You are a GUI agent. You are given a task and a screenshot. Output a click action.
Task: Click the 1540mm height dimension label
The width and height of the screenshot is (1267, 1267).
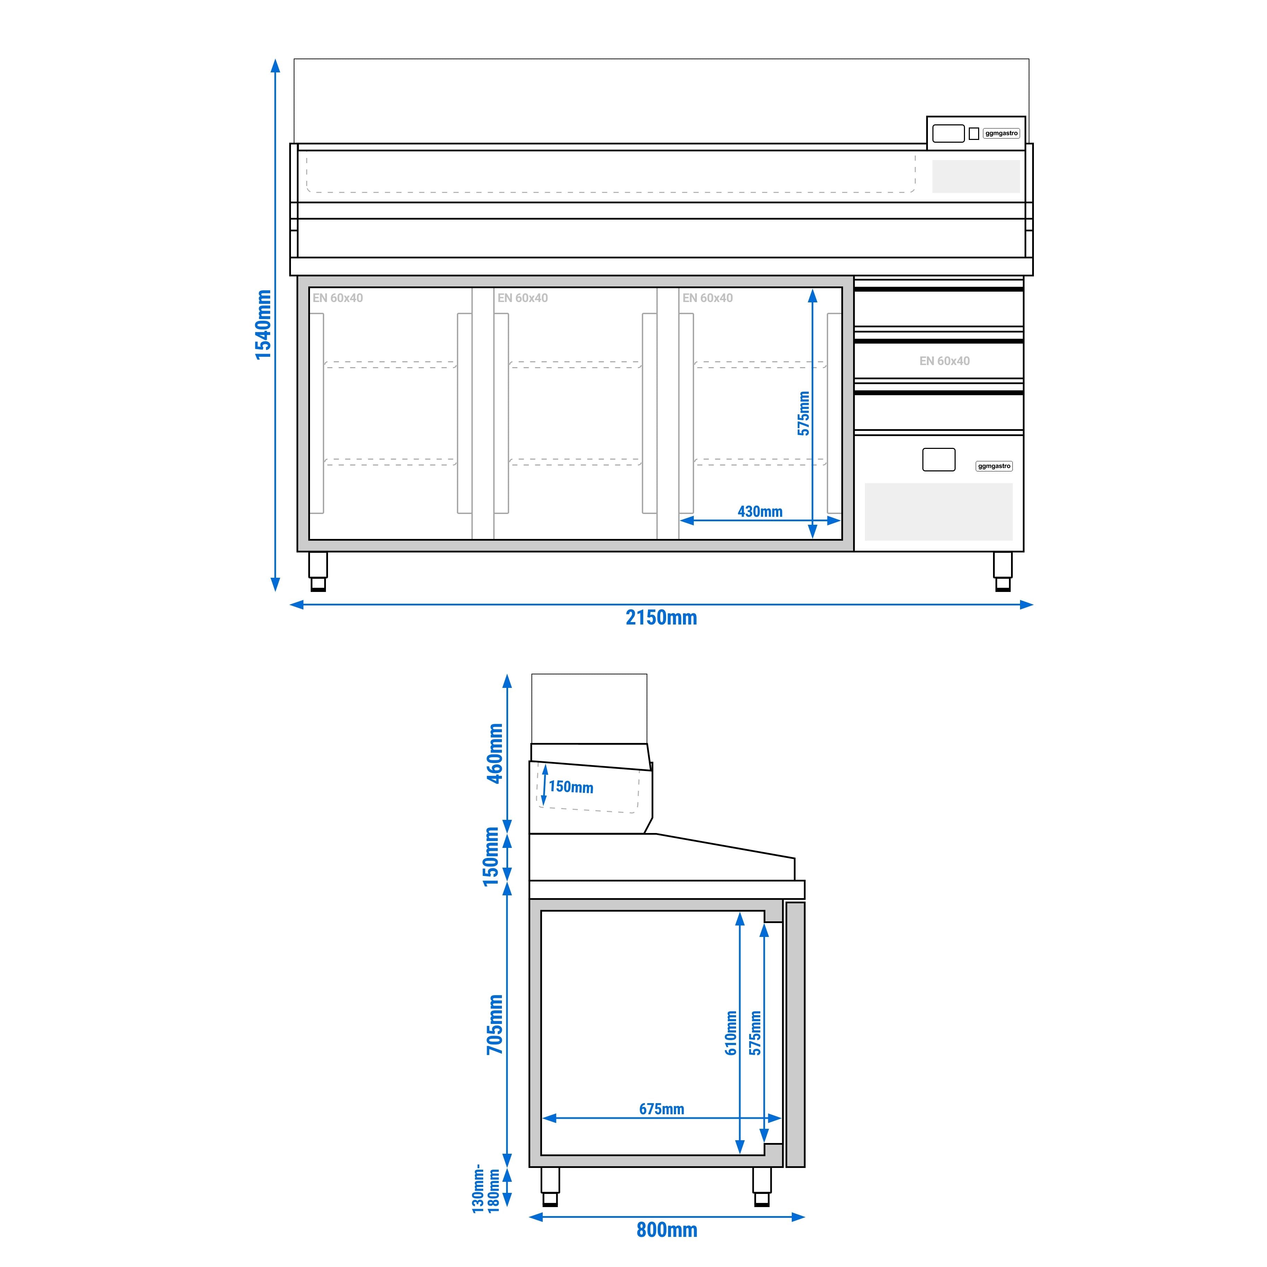click(x=263, y=325)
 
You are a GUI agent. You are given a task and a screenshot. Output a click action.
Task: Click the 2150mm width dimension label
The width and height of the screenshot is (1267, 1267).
click(x=661, y=618)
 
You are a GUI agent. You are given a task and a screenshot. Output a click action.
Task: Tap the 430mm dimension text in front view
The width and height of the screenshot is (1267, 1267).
click(x=760, y=512)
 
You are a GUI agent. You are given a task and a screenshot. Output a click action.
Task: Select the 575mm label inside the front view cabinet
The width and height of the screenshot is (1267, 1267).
click(x=803, y=413)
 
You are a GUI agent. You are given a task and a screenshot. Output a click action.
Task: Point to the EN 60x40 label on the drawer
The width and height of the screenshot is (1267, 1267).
click(x=944, y=361)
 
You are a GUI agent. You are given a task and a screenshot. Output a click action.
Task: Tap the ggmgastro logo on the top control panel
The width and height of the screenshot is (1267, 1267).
click(x=1001, y=133)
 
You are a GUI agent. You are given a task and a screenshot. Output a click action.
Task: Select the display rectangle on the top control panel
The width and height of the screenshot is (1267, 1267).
click(x=948, y=133)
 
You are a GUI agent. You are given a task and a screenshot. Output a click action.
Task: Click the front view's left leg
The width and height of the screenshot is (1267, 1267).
click(x=318, y=570)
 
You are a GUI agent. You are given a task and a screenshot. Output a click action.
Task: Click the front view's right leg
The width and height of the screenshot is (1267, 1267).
click(x=1002, y=570)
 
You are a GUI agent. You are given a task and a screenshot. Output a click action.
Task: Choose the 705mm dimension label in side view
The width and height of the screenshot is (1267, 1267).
click(x=495, y=1024)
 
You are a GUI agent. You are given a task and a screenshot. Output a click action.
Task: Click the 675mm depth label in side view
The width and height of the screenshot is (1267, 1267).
click(x=661, y=1109)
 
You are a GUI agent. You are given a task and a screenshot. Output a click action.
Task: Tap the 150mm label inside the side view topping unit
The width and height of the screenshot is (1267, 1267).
click(x=570, y=787)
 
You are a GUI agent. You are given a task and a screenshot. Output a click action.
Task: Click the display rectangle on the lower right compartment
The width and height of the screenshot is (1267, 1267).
click(x=938, y=459)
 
